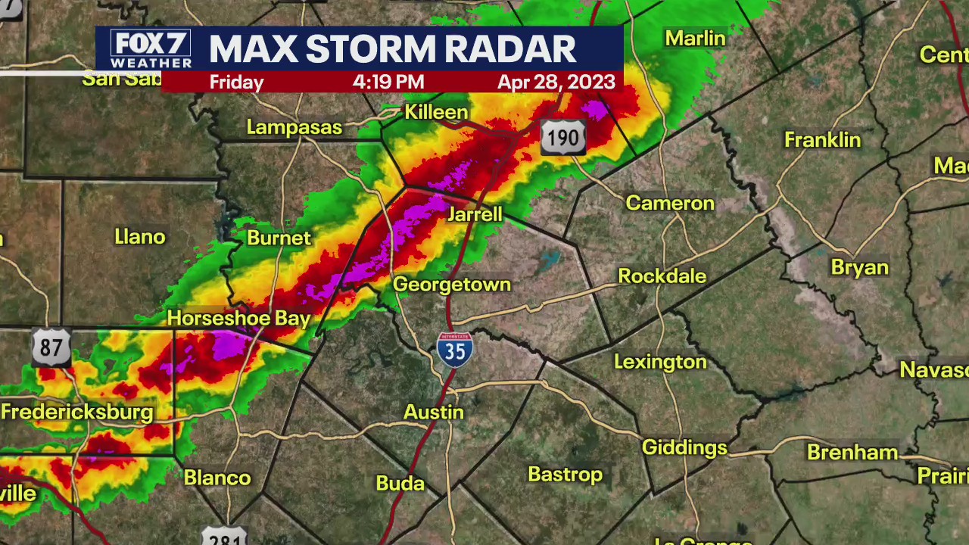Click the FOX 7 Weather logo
(151, 49)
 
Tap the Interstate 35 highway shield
(455, 350)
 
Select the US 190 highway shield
(563, 138)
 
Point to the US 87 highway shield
(51, 347)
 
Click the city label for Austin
(433, 413)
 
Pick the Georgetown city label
(452, 285)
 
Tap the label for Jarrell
(475, 214)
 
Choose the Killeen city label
(436, 112)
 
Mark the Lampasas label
(294, 127)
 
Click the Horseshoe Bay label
(238, 318)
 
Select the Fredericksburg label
(77, 413)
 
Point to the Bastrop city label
(565, 475)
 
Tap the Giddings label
(684, 447)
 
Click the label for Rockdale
(662, 276)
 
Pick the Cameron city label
(670, 203)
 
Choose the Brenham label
(852, 453)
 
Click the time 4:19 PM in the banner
(388, 83)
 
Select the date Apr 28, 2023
(556, 83)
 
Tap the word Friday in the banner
(236, 83)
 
